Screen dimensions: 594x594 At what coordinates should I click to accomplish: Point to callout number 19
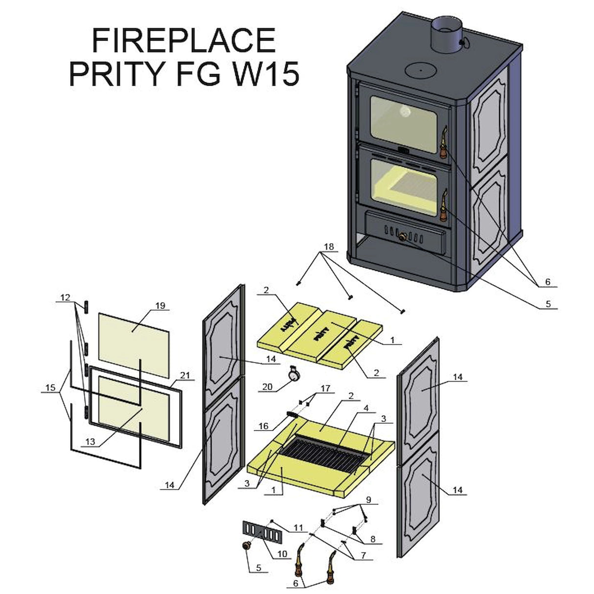click(x=160, y=306)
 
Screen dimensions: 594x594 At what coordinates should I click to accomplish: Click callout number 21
click(x=184, y=375)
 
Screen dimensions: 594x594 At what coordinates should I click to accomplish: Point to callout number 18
click(x=328, y=247)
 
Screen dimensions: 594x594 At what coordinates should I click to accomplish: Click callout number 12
click(x=65, y=297)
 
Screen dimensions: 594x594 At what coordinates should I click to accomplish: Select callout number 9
click(x=368, y=501)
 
